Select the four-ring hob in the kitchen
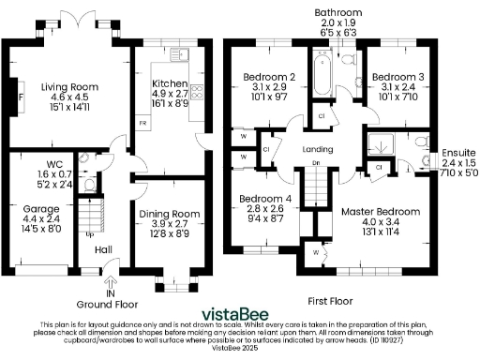tap(198, 91)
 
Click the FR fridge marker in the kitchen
tap(142, 124)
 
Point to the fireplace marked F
tap(19, 96)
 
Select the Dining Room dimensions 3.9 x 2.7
tap(164, 224)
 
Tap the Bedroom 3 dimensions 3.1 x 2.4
tap(394, 86)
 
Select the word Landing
tap(320, 149)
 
